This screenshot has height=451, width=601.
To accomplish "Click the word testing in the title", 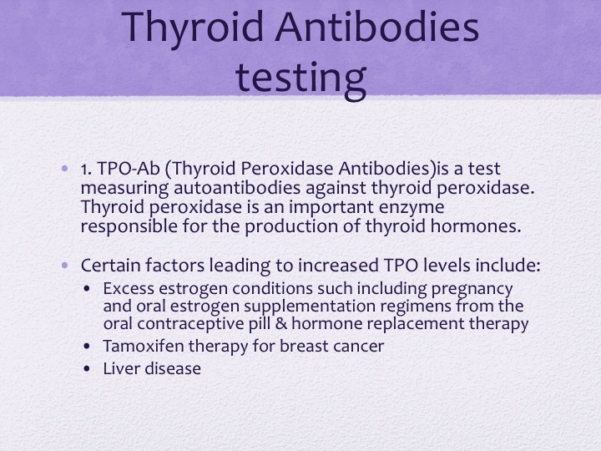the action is coord(300,79).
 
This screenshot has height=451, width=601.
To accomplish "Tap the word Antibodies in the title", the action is coord(377,27).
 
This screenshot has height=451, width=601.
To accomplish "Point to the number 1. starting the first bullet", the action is coord(86,169).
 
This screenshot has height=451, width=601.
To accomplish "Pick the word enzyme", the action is coord(412,207).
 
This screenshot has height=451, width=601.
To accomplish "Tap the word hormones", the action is coord(476,225).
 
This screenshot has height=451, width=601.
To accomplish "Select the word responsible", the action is coord(129,226).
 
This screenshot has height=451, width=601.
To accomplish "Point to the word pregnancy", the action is coord(472,290).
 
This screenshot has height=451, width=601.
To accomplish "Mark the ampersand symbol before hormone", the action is coord(281,324).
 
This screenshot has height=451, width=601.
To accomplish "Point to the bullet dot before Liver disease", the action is coord(87,369).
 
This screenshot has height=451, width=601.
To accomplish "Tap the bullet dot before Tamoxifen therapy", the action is coord(87,347).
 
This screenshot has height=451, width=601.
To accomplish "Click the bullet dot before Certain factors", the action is coord(65,265).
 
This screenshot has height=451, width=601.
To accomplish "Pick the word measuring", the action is coord(124,188).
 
